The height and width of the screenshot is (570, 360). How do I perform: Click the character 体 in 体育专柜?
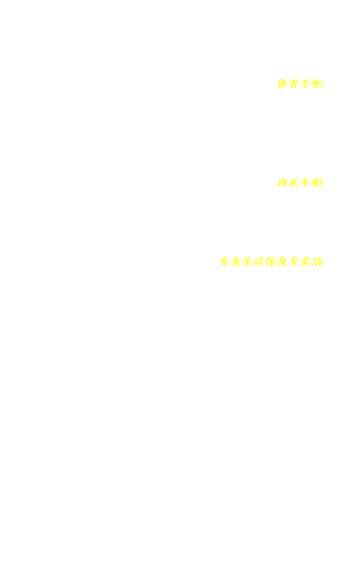tap(282, 84)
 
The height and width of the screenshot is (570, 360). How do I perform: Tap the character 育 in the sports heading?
tap(294, 84)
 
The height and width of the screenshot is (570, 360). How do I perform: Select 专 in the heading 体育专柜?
tap(305, 84)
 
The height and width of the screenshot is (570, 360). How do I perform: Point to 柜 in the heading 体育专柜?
tap(317, 84)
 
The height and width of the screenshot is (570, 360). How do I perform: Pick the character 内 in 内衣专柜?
tap(282, 183)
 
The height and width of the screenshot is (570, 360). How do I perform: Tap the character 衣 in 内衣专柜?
tap(294, 183)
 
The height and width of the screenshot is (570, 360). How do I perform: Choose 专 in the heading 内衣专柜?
tap(305, 183)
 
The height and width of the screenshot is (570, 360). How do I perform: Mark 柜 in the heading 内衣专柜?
tap(317, 183)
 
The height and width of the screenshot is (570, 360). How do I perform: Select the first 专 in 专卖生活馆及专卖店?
tap(224, 262)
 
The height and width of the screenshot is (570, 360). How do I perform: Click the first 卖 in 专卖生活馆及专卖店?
tap(235, 262)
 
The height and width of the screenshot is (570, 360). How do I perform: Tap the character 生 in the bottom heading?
tap(247, 262)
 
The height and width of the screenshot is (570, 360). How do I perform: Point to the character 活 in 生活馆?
tap(259, 262)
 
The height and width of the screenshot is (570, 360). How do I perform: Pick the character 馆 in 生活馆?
tap(270, 262)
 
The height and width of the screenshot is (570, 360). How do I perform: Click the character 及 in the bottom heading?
tap(282, 262)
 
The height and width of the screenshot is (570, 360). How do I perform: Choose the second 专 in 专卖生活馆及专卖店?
tap(294, 262)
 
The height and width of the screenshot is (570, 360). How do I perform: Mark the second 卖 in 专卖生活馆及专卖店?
tap(305, 262)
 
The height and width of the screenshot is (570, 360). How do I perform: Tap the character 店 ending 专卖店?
tap(317, 262)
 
